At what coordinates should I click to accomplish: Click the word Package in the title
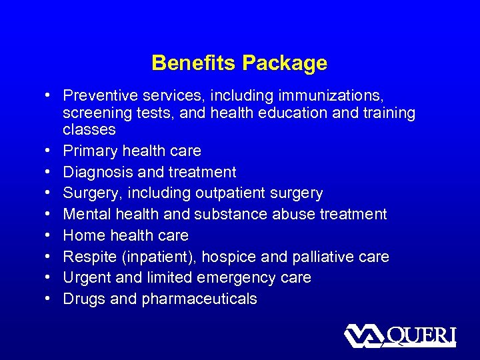(285, 63)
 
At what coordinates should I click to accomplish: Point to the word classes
(89, 129)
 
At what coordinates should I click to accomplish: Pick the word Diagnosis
(99, 172)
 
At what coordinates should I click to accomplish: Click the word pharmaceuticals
(199, 299)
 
